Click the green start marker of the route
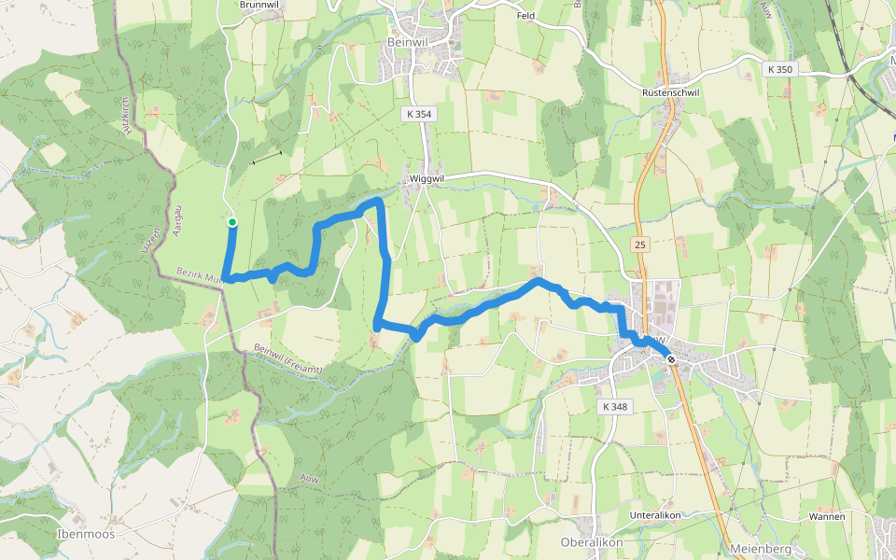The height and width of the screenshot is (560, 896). (x=231, y=222)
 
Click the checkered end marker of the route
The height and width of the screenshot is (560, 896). (x=670, y=359)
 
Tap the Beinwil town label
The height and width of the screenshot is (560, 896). (x=407, y=42)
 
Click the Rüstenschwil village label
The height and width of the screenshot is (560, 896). (x=671, y=93)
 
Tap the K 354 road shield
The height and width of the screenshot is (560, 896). (x=419, y=114)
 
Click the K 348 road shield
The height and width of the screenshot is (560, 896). (x=616, y=407)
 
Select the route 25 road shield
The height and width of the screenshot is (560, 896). (x=640, y=245)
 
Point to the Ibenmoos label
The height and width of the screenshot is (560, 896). (x=85, y=534)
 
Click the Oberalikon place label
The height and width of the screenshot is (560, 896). (x=591, y=542)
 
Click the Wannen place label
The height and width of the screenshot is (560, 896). (x=827, y=516)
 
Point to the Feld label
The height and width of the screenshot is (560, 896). (x=527, y=16)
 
